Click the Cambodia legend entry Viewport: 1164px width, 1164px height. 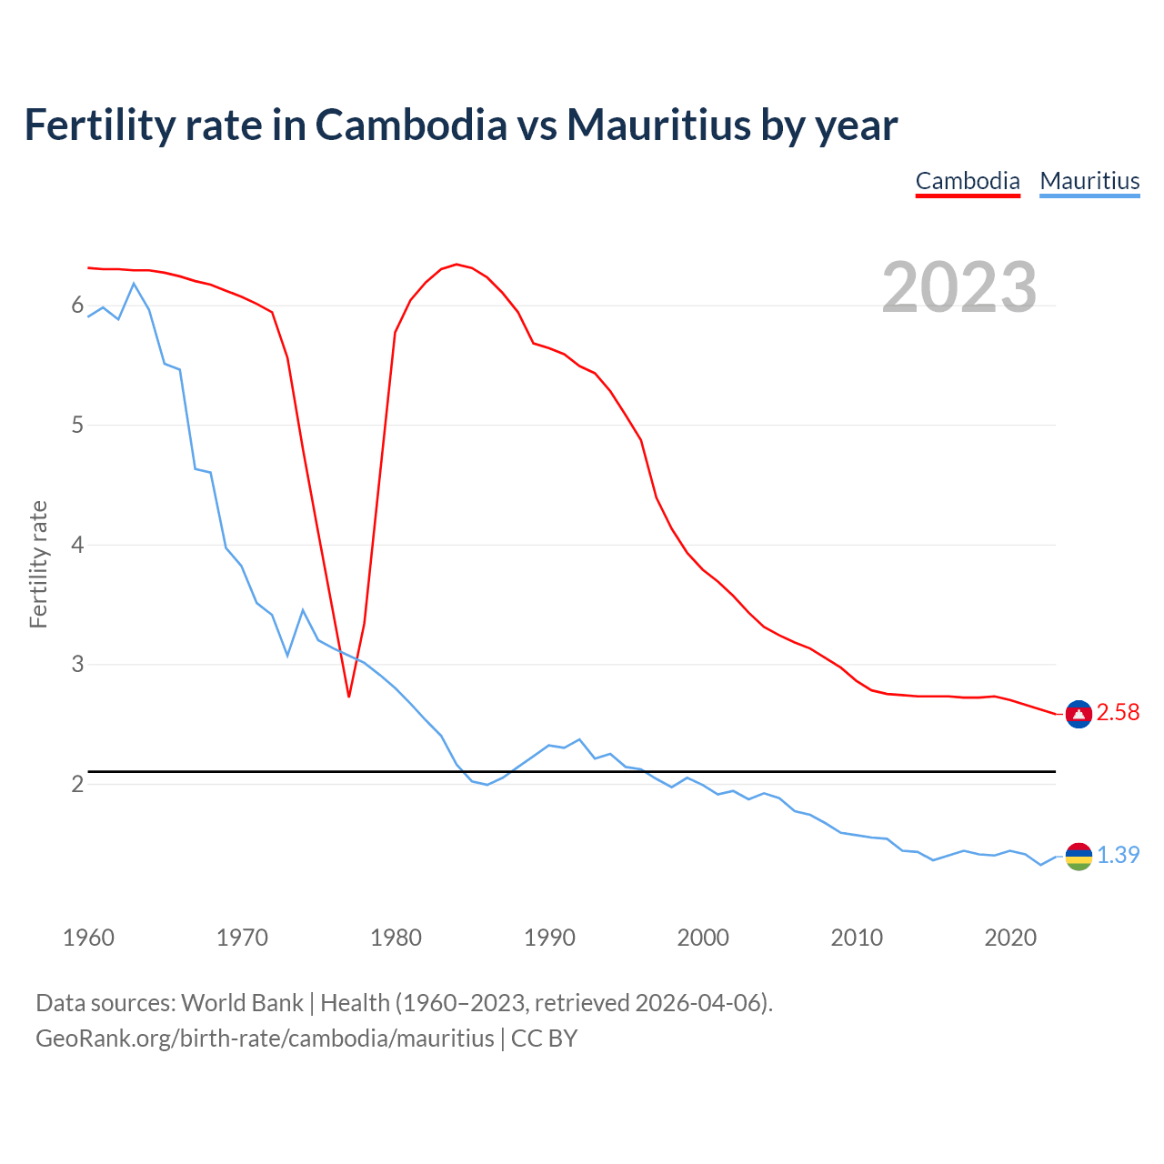point(968,181)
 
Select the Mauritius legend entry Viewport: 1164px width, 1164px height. point(1089,181)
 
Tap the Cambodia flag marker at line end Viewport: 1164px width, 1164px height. point(1079,714)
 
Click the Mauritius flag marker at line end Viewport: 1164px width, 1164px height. point(1079,856)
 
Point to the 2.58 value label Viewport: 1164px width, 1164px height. point(1118,713)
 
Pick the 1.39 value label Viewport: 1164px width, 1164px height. point(1118,856)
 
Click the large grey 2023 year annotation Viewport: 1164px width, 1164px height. point(959,287)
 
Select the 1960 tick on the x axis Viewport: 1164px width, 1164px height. point(88,938)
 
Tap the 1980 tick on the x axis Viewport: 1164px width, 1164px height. point(396,938)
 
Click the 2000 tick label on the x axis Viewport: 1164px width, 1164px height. point(703,938)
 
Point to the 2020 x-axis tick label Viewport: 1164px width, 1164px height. point(1010,938)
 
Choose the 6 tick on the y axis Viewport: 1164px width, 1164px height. point(77,306)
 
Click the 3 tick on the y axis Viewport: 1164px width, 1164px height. point(77,665)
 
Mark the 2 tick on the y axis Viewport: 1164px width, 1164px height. point(77,784)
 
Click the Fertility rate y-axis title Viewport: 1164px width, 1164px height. point(38,564)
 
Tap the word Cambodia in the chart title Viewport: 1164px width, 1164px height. point(411,125)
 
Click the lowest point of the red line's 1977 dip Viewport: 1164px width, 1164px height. point(349,697)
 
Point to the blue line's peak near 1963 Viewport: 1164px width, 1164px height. point(134,284)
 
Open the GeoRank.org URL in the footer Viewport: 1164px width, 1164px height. point(265,1039)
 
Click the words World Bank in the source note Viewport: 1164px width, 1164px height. point(242,1003)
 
